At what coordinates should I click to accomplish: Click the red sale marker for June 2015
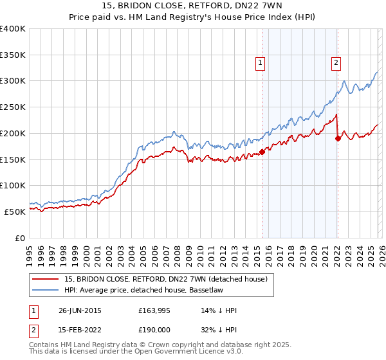coord(262,152)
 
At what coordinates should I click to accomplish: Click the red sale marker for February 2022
coord(338,137)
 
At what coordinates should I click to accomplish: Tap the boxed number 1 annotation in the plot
coord(260,62)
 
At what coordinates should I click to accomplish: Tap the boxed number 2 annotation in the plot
coord(336,62)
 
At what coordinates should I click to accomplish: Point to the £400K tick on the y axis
coord(13,29)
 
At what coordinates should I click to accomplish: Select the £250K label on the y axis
coord(13,107)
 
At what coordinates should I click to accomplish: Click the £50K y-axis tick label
coord(15,211)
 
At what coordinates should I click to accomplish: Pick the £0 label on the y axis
coord(20,237)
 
